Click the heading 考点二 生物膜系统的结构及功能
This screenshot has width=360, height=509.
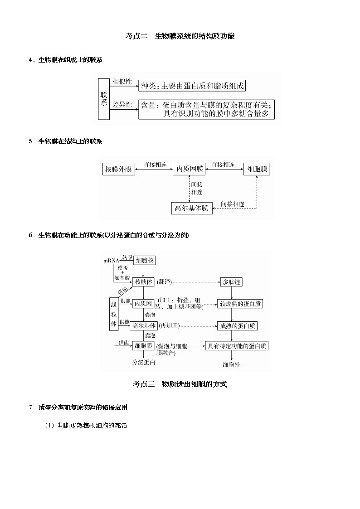[180, 36]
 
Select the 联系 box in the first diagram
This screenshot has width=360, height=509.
[104, 98]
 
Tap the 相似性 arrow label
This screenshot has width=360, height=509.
[122, 82]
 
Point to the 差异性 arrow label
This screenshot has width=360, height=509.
[122, 105]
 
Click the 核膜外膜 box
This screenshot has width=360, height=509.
[118, 170]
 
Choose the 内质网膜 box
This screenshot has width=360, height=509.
[190, 170]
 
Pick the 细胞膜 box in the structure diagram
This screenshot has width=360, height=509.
[257, 170]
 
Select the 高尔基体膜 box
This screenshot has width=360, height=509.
[191, 208]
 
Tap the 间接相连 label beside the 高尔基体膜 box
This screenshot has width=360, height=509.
[232, 204]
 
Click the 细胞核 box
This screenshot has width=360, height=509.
[145, 260]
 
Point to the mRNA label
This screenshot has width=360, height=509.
[111, 261]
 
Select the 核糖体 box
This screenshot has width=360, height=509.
[144, 282]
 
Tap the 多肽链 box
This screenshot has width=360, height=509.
[231, 282]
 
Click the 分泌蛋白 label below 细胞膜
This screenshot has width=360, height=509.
[144, 363]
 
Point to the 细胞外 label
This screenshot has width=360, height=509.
[231, 364]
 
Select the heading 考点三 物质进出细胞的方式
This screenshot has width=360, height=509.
[180, 384]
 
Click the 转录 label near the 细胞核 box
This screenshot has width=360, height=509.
[127, 257]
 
